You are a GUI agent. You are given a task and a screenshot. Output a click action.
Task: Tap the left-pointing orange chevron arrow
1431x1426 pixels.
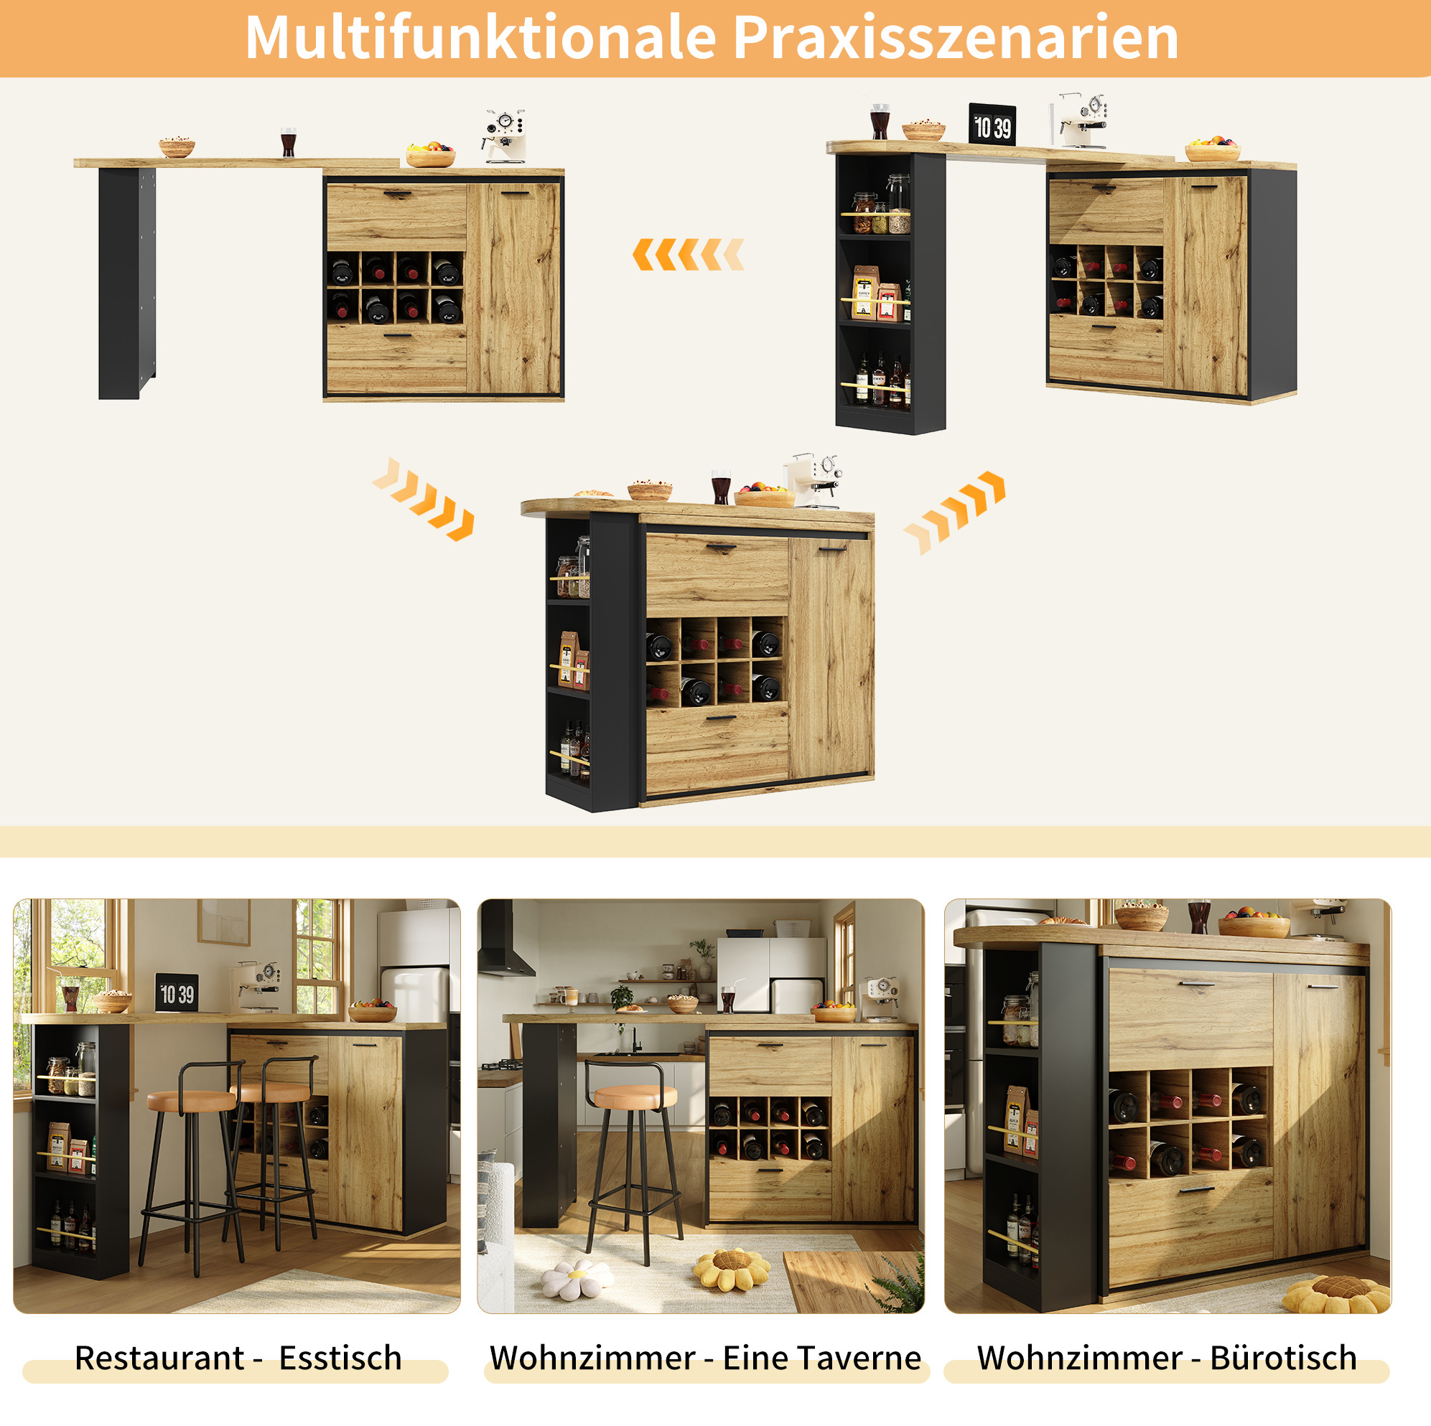[688, 255]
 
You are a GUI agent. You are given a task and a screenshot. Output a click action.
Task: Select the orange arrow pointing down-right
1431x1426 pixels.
[423, 498]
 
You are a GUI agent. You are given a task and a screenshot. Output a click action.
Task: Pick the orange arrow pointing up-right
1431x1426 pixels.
[955, 512]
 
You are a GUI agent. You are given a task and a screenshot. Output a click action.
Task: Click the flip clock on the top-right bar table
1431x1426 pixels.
[992, 123]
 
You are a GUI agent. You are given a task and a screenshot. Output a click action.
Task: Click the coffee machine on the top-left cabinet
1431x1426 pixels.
[505, 136]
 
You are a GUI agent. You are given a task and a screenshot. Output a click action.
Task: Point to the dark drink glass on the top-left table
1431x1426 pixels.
[288, 141]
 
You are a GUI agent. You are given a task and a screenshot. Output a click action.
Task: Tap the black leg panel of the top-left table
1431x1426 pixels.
[126, 283]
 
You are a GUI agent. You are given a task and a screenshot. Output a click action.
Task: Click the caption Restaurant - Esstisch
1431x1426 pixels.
[238, 1357]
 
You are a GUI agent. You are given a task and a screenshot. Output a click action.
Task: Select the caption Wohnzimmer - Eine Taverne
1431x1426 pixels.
[705, 1357]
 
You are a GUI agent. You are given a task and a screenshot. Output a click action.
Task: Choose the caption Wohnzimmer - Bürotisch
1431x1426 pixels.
[1167, 1357]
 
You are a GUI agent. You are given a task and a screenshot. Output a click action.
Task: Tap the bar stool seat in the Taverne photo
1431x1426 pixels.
[635, 1097]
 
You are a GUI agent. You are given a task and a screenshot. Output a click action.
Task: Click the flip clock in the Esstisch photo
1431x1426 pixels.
[177, 992]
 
